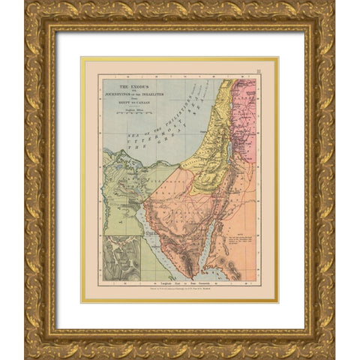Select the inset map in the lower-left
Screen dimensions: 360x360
[121, 257]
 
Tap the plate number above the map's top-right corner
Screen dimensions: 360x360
[257, 72]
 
